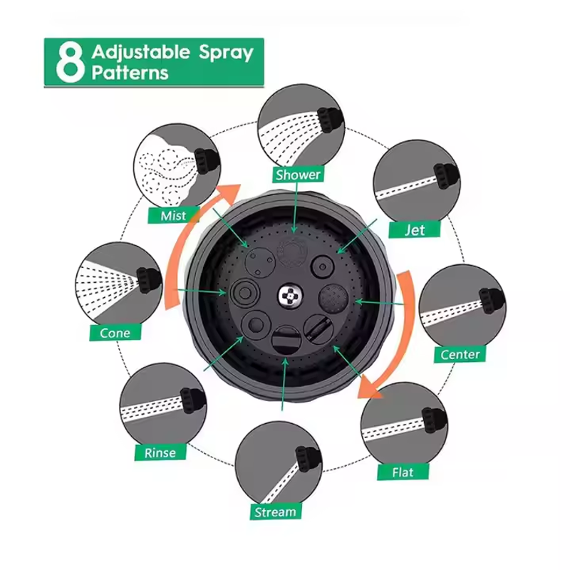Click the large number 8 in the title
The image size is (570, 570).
69,63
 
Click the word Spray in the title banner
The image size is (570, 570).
226,53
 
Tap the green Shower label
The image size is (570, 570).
298,175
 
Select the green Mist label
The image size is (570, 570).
173,216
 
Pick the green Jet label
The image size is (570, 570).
415,229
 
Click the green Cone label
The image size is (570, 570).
115,333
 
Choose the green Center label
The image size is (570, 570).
460,354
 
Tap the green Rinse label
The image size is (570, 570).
160,452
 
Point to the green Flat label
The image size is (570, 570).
403,472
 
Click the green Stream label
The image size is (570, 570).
276,512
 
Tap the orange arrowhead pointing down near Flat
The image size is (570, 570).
369,388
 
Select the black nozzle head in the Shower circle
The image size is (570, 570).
331,119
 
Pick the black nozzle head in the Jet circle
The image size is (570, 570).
447,175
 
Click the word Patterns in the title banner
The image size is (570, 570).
130,73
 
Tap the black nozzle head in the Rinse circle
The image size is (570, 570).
193,400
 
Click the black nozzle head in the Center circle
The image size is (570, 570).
492,300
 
